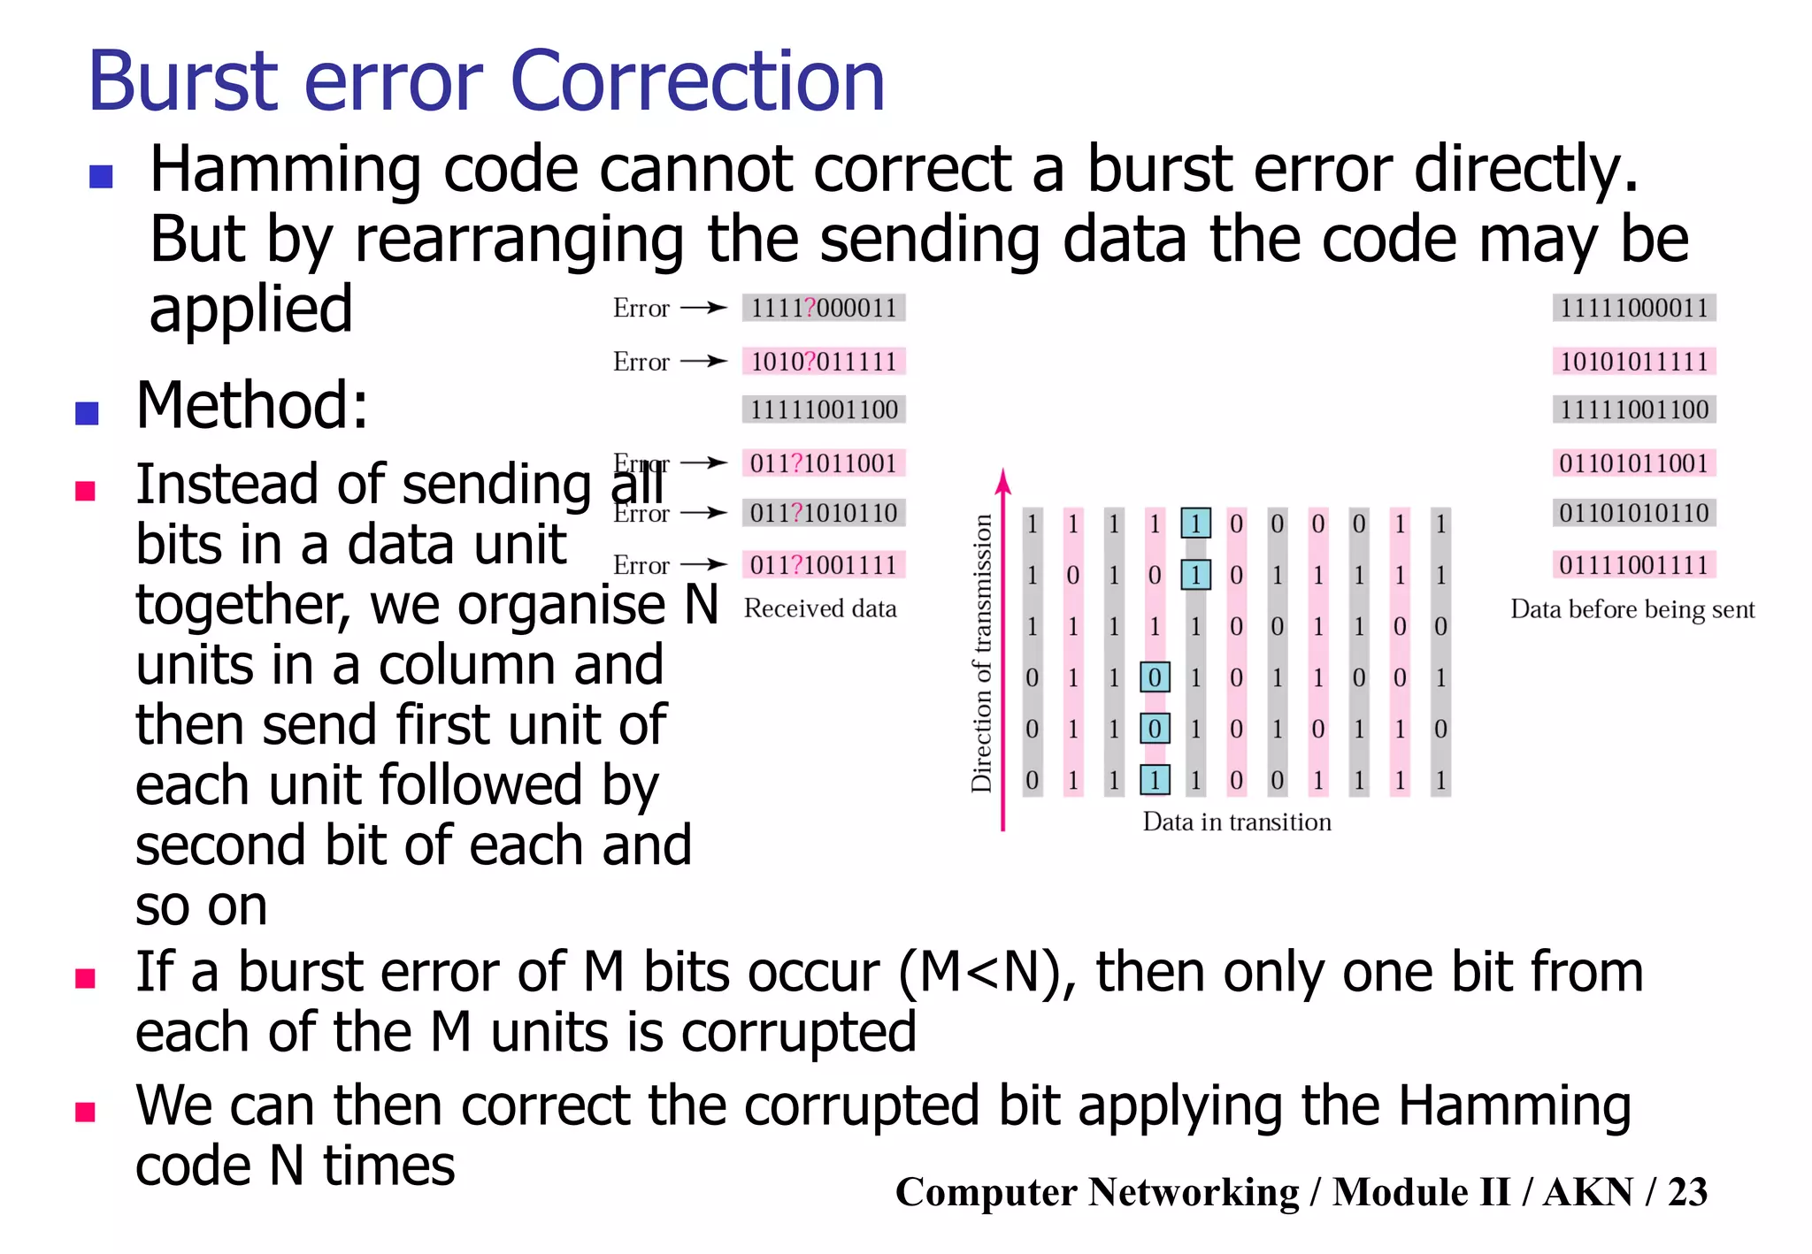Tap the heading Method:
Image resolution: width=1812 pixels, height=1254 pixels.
(251, 405)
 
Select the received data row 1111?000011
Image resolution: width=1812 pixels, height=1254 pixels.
(824, 308)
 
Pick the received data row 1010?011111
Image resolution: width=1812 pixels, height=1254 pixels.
(824, 361)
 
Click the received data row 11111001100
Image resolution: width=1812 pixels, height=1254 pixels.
(824, 409)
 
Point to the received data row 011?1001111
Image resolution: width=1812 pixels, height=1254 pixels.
(824, 564)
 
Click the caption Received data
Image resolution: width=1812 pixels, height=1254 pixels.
(820, 608)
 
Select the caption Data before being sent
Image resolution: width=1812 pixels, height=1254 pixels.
(1632, 609)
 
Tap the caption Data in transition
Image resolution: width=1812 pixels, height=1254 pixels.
(1236, 822)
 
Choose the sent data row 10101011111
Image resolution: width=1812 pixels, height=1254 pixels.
(1633, 361)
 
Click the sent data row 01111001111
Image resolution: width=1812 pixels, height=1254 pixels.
(1633, 564)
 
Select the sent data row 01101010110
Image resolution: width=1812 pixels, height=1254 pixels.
(1633, 513)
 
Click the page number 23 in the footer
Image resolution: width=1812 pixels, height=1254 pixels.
(1687, 1191)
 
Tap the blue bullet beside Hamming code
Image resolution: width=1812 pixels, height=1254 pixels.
(101, 177)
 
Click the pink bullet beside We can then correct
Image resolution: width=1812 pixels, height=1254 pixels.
(86, 1112)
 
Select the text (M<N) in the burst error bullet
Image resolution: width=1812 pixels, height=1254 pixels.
(987, 973)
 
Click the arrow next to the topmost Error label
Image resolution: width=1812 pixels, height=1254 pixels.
(704, 308)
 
